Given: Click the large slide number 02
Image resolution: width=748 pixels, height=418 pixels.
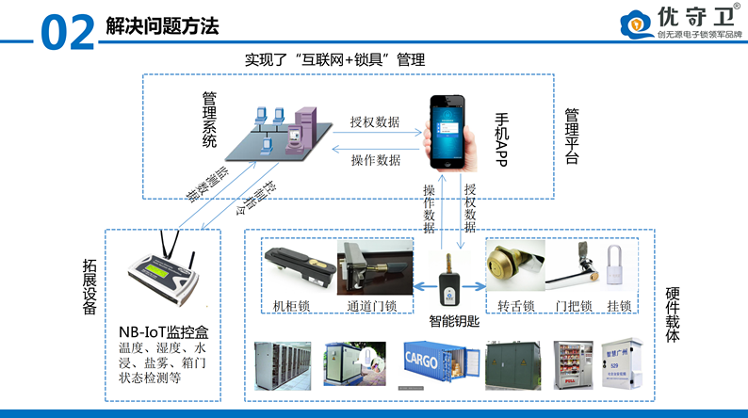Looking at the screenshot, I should (68, 30).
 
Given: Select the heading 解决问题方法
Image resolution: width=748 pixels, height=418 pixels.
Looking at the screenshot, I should (161, 27).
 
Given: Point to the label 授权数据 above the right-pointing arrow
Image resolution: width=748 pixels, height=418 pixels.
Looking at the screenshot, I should (374, 122).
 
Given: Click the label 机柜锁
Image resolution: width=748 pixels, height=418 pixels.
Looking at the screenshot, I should (290, 305).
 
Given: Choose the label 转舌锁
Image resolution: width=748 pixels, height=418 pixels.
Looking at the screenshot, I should (515, 305).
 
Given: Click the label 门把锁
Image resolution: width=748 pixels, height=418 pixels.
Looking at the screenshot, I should (573, 305).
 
